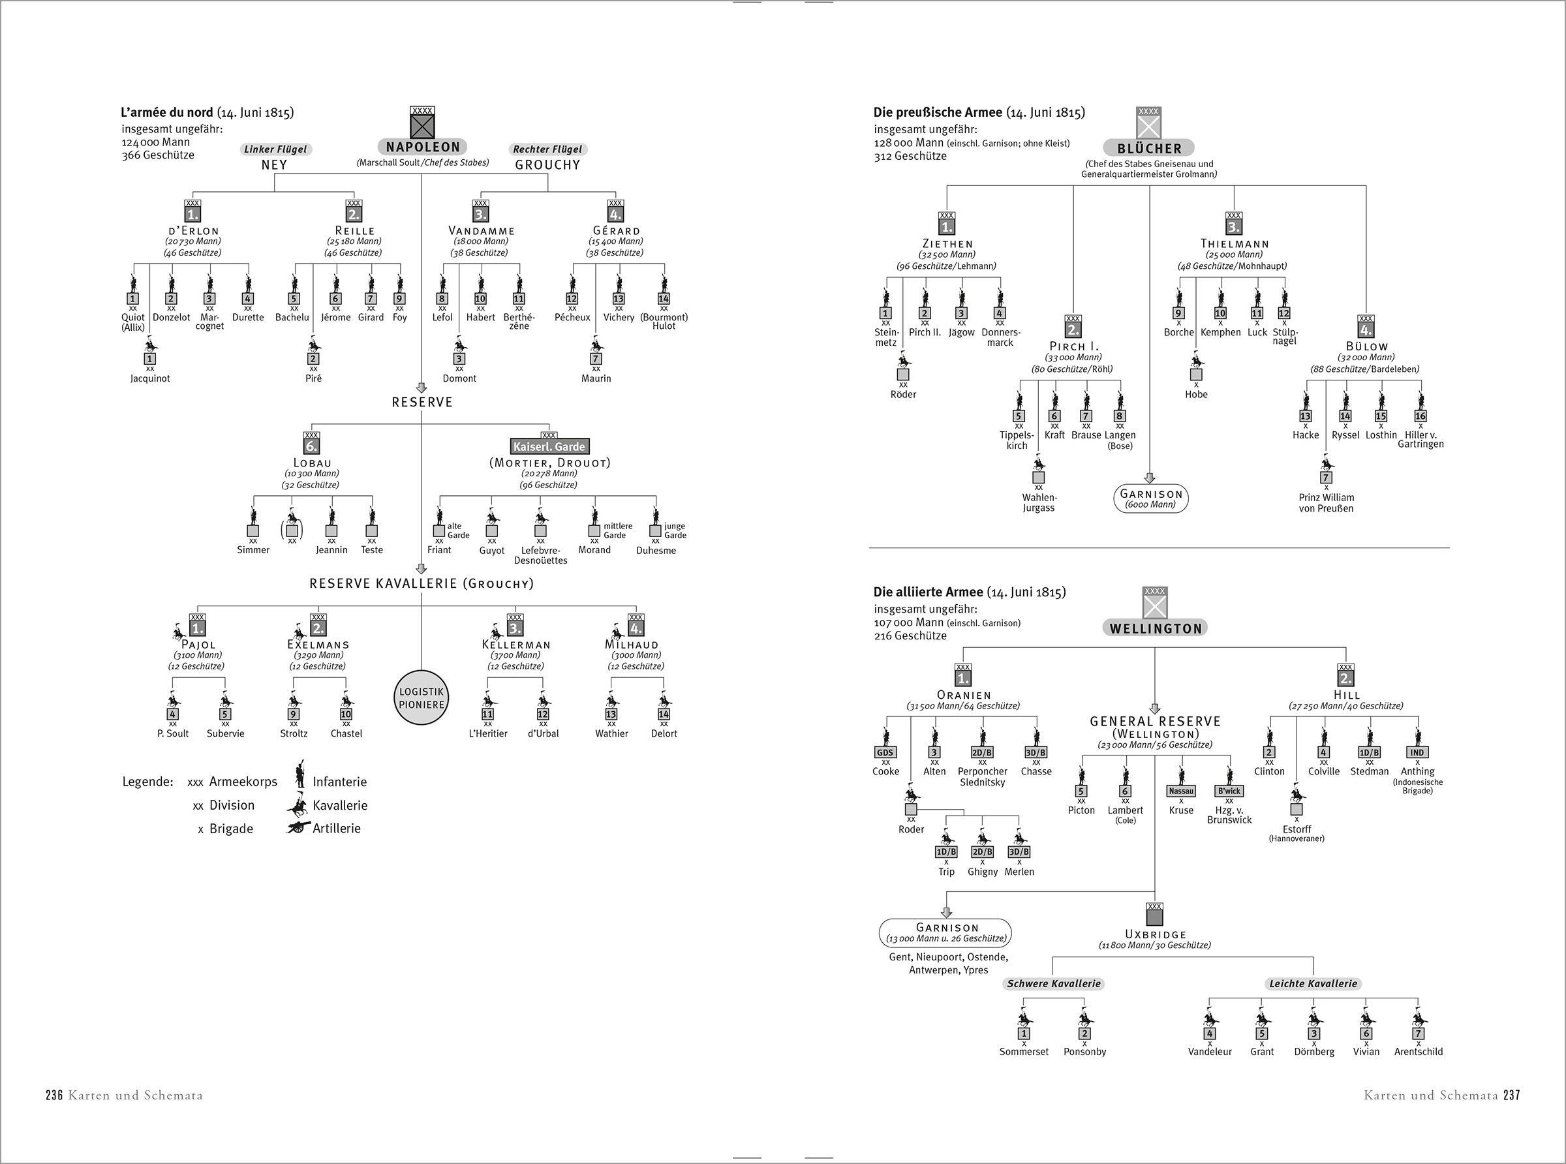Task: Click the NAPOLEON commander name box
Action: (423, 147)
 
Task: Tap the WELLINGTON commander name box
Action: (1155, 628)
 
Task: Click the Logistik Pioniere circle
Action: (422, 698)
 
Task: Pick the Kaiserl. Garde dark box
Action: (549, 447)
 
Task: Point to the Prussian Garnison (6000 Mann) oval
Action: (1150, 499)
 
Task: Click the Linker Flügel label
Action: (275, 149)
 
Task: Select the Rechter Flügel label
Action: (547, 149)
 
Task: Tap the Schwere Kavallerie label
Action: (1053, 984)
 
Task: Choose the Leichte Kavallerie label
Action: (1312, 984)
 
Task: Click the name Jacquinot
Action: (150, 378)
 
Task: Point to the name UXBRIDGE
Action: (1155, 935)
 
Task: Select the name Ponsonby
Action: (1084, 1052)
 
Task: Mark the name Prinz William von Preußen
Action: (1326, 503)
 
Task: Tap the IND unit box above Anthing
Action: (1417, 752)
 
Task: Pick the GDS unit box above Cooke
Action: (885, 752)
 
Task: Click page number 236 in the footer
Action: (55, 1095)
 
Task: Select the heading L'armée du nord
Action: (167, 113)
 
